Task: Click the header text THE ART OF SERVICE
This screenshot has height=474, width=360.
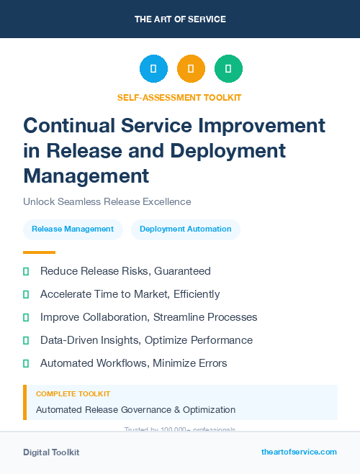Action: coord(180,19)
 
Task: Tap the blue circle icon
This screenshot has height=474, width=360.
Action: coord(153,69)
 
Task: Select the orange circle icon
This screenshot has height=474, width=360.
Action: coord(191,69)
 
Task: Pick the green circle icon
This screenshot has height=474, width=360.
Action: coord(228,69)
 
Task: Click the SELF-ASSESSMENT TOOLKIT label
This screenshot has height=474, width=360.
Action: coord(179,97)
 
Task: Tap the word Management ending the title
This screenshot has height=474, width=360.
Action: coord(86,175)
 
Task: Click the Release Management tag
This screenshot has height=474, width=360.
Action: coord(73,229)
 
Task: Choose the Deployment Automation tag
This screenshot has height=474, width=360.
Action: coord(186,229)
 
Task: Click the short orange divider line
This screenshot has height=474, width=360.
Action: coord(39,252)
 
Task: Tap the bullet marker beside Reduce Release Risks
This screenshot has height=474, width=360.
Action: coord(26,271)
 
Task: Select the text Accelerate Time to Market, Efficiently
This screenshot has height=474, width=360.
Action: coord(130,294)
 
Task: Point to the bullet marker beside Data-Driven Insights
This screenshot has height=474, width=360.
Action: coord(26,340)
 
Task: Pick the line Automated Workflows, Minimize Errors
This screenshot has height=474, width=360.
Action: coord(133,363)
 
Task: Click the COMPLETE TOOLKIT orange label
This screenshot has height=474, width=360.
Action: coord(73,394)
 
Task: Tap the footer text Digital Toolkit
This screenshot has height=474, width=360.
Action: coord(51,452)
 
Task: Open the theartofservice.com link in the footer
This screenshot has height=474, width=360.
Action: coord(299,452)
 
